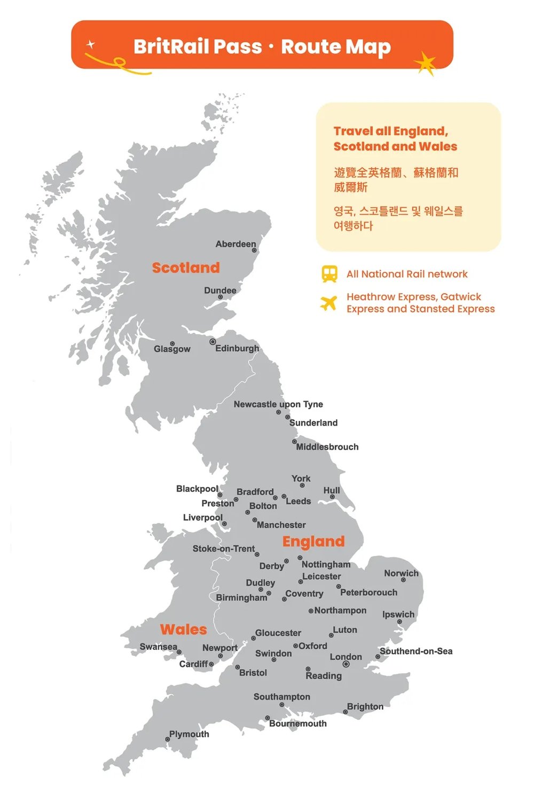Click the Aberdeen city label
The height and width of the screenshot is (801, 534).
coord(235,244)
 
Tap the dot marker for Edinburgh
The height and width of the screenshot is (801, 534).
coord(213,342)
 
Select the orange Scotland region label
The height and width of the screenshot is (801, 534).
coord(186,268)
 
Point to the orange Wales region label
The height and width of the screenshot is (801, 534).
coord(183,630)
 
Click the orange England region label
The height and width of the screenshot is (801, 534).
coord(313,541)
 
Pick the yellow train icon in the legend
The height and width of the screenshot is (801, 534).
coord(329,274)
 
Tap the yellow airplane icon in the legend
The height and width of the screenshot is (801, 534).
coord(329,303)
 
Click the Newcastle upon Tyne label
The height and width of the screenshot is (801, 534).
coord(278,404)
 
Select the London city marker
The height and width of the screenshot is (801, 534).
coord(346,664)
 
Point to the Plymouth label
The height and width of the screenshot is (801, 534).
coord(189,734)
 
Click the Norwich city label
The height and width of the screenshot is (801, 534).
coord(401,573)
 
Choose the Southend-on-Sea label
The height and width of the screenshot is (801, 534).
coord(416,651)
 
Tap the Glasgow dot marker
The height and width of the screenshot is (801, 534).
coord(172,343)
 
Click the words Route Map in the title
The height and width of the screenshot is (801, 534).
coord(336,46)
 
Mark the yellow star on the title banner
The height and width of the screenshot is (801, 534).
coord(426,64)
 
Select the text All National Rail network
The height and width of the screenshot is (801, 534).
coord(407,274)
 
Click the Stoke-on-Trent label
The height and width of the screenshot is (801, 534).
coord(224,548)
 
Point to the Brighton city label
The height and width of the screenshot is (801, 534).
coord(365,706)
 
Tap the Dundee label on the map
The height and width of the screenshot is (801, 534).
coord(220,290)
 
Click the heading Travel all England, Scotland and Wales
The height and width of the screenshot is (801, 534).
coord(395,139)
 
